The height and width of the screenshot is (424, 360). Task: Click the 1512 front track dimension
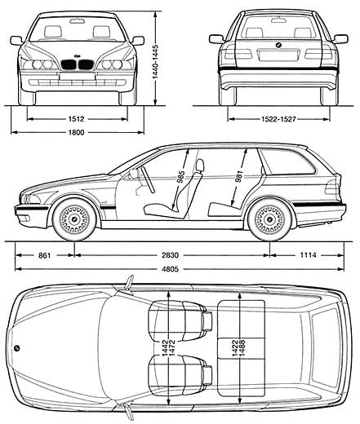pos(77,119)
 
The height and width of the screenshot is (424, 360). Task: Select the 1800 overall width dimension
pos(77,132)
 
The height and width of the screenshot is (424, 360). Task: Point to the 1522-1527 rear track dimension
pos(278,119)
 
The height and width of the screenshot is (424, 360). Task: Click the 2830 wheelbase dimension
pos(171,255)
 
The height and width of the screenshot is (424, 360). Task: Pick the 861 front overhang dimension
pos(45,255)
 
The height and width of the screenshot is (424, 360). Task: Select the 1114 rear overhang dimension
pos(309,255)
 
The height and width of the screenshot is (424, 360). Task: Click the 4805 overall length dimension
pos(171,269)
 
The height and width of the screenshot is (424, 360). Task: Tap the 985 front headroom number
pos(181,177)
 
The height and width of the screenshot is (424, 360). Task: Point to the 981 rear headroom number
pos(238,176)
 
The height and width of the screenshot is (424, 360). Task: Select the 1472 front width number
pos(171,348)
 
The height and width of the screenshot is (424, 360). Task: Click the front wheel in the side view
pos(74,219)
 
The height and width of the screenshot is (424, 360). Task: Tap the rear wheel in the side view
pos(269,219)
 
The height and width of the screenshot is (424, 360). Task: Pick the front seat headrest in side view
pos(200,166)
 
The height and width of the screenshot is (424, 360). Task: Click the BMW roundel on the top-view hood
pos(17,348)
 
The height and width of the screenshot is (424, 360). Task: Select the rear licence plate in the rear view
pos(278,55)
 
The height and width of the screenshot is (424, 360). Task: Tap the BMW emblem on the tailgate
pos(278,45)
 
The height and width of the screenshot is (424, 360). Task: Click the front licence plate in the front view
pos(77,76)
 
